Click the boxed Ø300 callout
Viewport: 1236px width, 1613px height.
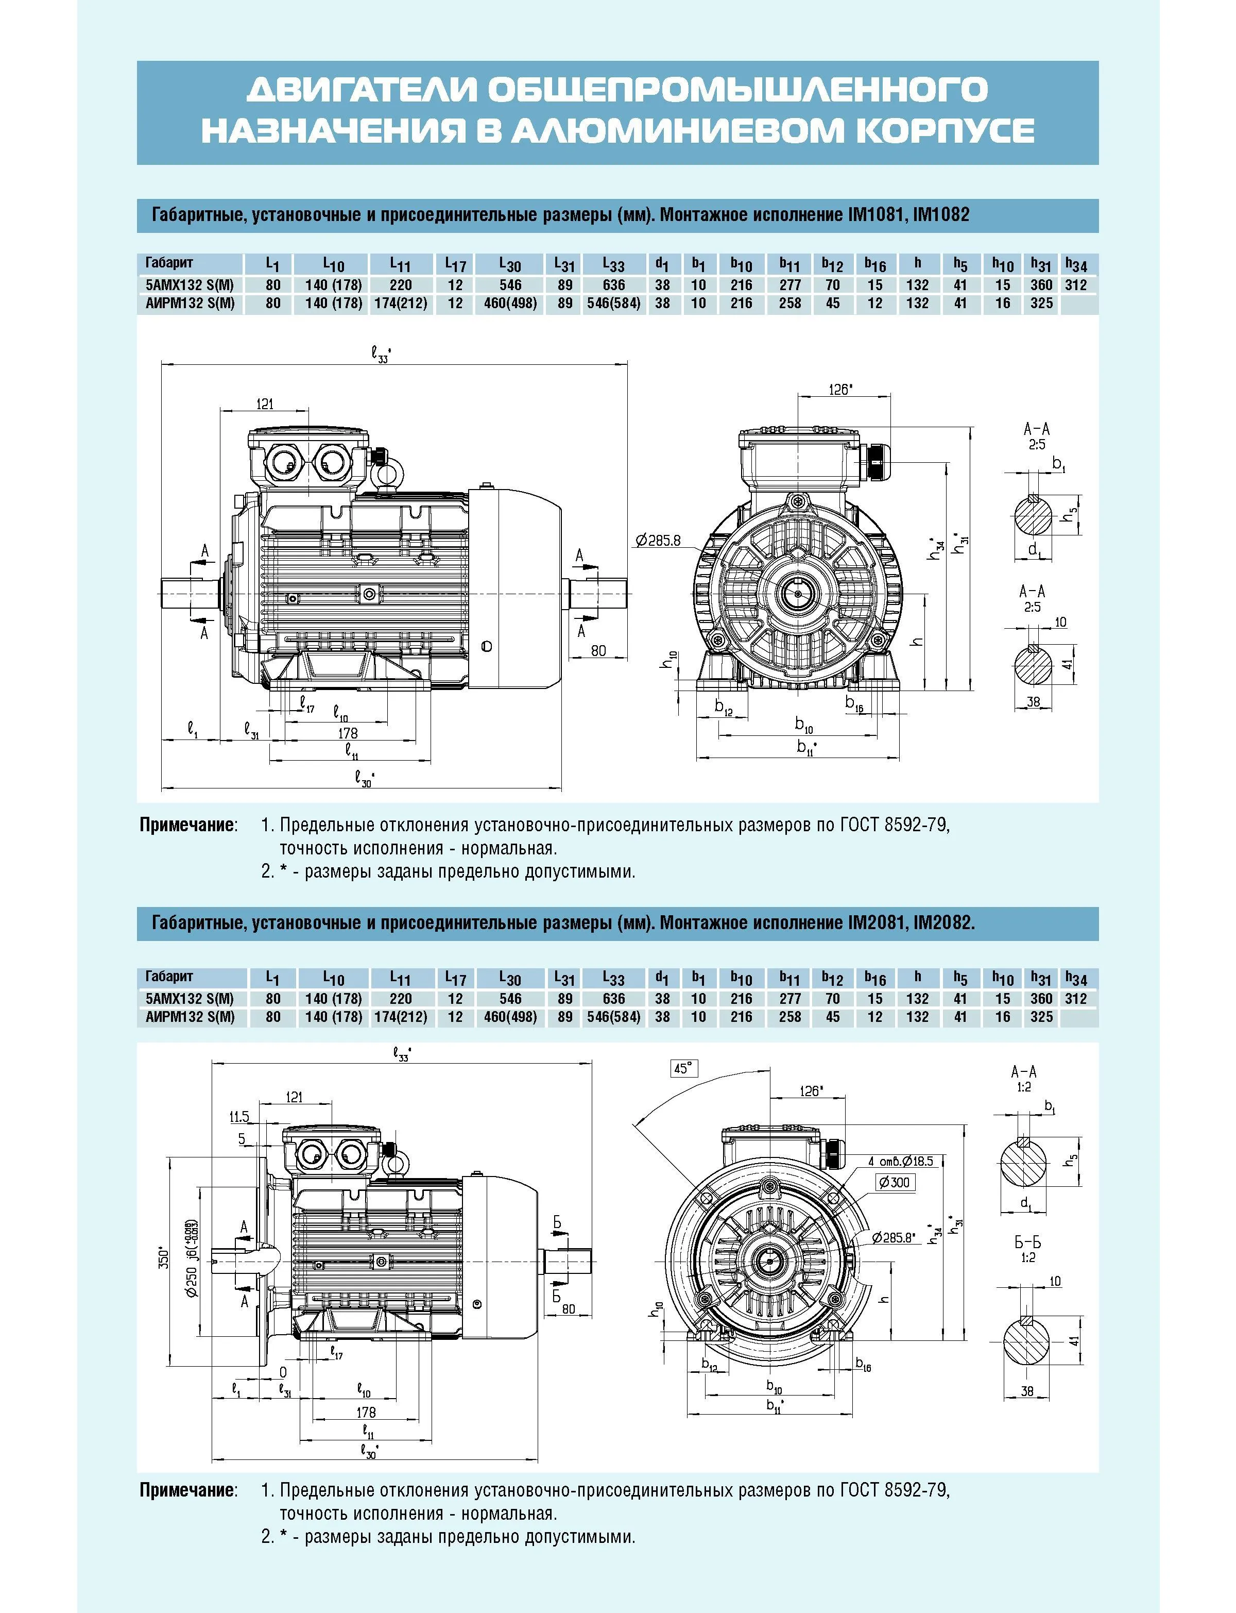tap(895, 1182)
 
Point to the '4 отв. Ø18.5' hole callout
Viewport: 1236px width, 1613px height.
tap(901, 1161)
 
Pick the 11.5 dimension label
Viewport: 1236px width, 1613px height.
tap(239, 1117)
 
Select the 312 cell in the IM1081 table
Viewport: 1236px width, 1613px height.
tap(1076, 285)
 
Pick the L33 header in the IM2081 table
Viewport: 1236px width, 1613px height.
tap(613, 979)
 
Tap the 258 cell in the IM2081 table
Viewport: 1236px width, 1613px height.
tap(789, 1017)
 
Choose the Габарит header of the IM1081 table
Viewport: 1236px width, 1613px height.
tap(169, 263)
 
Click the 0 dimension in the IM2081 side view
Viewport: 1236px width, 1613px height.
tap(283, 1373)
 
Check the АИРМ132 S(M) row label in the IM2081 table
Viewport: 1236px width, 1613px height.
tap(190, 1017)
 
